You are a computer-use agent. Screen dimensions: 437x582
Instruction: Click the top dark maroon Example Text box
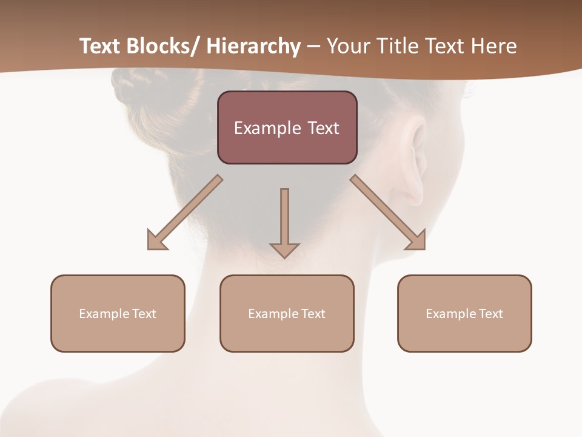287,127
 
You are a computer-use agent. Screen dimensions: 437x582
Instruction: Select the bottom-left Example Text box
118,313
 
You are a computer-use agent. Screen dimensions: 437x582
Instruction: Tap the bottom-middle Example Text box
287,313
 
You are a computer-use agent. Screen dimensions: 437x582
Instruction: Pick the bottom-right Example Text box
464,313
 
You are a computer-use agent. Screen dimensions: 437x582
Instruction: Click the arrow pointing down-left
185,213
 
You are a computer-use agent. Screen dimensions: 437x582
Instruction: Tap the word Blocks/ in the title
163,46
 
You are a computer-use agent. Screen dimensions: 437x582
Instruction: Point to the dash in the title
313,47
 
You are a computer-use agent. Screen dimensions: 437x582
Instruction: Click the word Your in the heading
349,46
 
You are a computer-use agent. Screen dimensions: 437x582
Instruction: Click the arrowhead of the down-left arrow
156,240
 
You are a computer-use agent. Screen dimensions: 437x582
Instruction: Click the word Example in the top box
261,128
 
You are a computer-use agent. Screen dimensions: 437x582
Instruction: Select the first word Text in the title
101,46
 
